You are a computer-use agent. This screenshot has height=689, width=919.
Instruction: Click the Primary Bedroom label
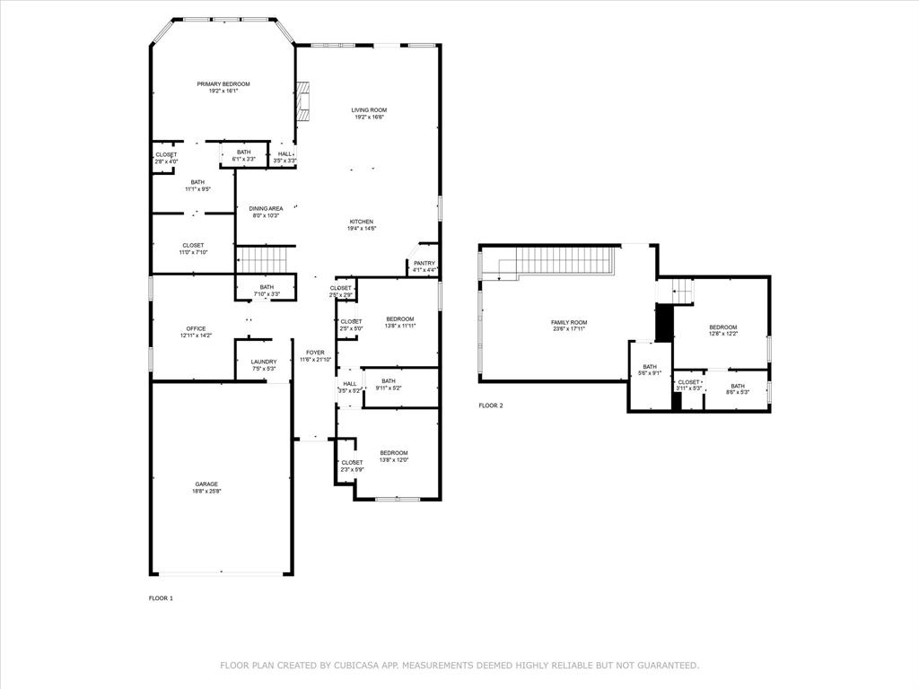tap(223, 83)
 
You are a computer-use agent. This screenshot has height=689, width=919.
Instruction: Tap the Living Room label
tap(369, 109)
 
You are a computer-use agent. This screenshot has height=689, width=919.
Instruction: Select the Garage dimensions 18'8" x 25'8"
tap(206, 492)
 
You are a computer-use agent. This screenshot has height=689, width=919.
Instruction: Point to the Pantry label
tap(424, 263)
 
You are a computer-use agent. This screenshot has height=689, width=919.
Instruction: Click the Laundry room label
tap(264, 362)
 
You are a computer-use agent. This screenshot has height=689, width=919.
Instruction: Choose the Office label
tap(196, 328)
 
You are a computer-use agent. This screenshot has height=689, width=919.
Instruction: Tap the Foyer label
tap(315, 353)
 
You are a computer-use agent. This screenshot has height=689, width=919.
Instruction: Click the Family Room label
tap(569, 322)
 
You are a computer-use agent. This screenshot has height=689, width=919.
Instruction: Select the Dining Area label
tap(266, 208)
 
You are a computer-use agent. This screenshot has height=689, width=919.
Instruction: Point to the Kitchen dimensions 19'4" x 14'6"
tap(362, 229)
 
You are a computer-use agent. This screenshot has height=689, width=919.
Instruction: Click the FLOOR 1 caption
tap(161, 597)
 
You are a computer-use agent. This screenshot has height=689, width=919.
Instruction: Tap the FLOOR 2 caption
tap(491, 406)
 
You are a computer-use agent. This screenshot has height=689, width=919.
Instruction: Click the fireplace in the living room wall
tap(303, 101)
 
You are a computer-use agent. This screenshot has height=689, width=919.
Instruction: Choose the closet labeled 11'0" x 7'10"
tap(193, 249)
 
